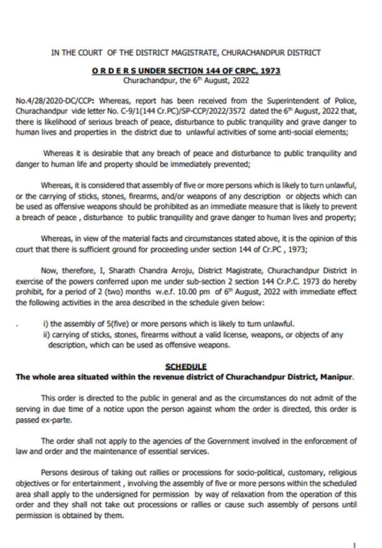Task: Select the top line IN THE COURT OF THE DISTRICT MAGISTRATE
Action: point(186,53)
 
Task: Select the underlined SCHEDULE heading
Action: point(185,366)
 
